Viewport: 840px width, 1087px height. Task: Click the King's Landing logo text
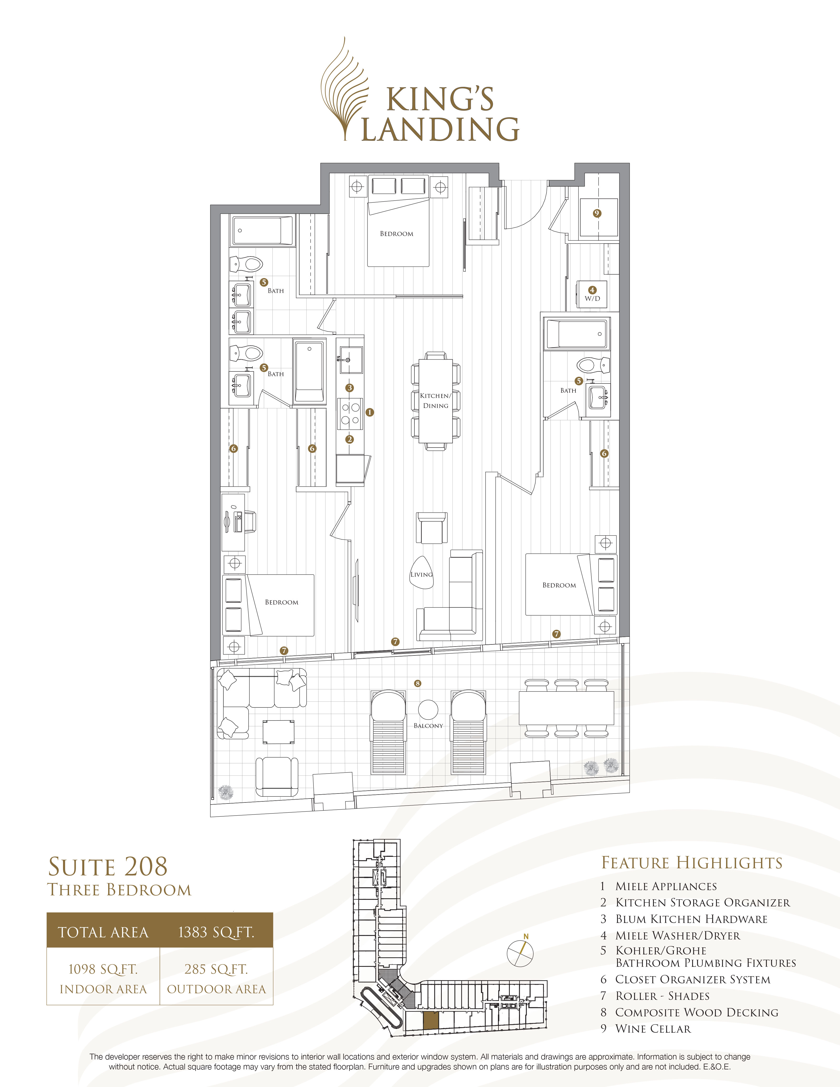coord(440,114)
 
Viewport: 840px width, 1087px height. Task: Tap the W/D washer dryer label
coord(592,299)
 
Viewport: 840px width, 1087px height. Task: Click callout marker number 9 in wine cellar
coord(597,213)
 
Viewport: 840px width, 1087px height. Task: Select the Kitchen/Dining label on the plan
coord(435,401)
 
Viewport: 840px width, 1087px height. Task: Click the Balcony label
coord(428,726)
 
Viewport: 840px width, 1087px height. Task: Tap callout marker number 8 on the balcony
coord(418,683)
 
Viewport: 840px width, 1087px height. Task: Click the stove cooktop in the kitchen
coord(350,414)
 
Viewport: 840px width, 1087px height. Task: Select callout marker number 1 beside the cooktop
coord(369,412)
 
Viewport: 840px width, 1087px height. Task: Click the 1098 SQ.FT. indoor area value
coord(103,969)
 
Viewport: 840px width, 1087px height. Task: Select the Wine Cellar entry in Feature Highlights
coord(653,1029)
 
